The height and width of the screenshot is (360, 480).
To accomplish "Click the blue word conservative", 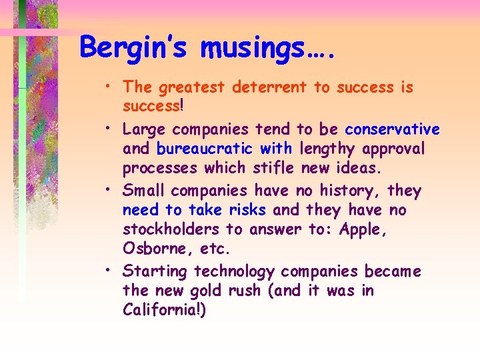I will (392, 129).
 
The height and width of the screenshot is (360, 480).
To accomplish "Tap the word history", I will (346, 191).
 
